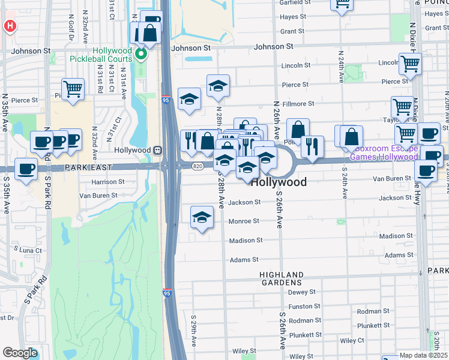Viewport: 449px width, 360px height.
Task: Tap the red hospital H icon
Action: pyautogui.click(x=10, y=26)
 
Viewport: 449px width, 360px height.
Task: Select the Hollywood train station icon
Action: pyautogui.click(x=158, y=150)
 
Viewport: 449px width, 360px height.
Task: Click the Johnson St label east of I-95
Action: pyautogui.click(x=273, y=46)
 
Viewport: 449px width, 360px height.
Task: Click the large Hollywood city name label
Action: pyautogui.click(x=279, y=182)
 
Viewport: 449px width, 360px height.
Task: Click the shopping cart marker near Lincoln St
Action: pyautogui.click(x=410, y=62)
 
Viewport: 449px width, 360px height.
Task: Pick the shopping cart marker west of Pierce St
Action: pyautogui.click(x=73, y=89)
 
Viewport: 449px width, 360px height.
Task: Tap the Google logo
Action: pyautogui.click(x=20, y=353)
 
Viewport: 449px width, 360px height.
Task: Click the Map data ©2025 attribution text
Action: pyautogui.click(x=423, y=355)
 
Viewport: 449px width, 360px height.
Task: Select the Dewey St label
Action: pyautogui.click(x=302, y=292)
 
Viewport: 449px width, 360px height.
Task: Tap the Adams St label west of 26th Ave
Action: pyautogui.click(x=244, y=260)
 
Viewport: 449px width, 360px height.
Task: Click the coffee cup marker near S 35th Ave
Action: pyautogui.click(x=26, y=169)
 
